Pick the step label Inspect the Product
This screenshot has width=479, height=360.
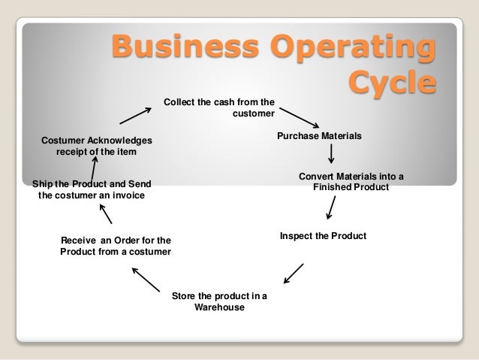pyautogui.click(x=323, y=236)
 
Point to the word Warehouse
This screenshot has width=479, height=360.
pyautogui.click(x=219, y=307)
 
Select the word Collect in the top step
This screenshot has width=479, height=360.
pyautogui.click(x=180, y=102)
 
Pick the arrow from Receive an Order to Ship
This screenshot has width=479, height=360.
pyautogui.click(x=106, y=215)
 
